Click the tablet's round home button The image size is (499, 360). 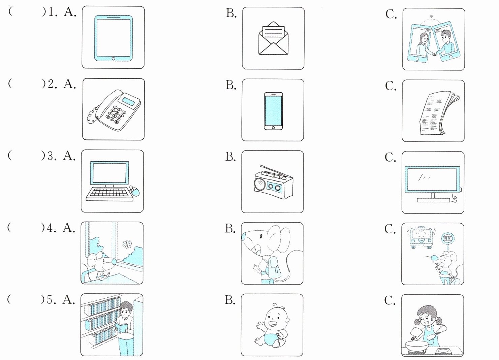[113, 59]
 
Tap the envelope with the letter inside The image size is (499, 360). [273, 38]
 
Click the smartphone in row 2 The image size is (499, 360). [273, 111]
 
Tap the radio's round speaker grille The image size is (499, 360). [260, 185]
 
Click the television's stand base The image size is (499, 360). [433, 200]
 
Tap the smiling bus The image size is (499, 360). [420, 237]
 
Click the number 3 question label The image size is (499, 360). [51, 156]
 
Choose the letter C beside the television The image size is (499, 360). [390, 157]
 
